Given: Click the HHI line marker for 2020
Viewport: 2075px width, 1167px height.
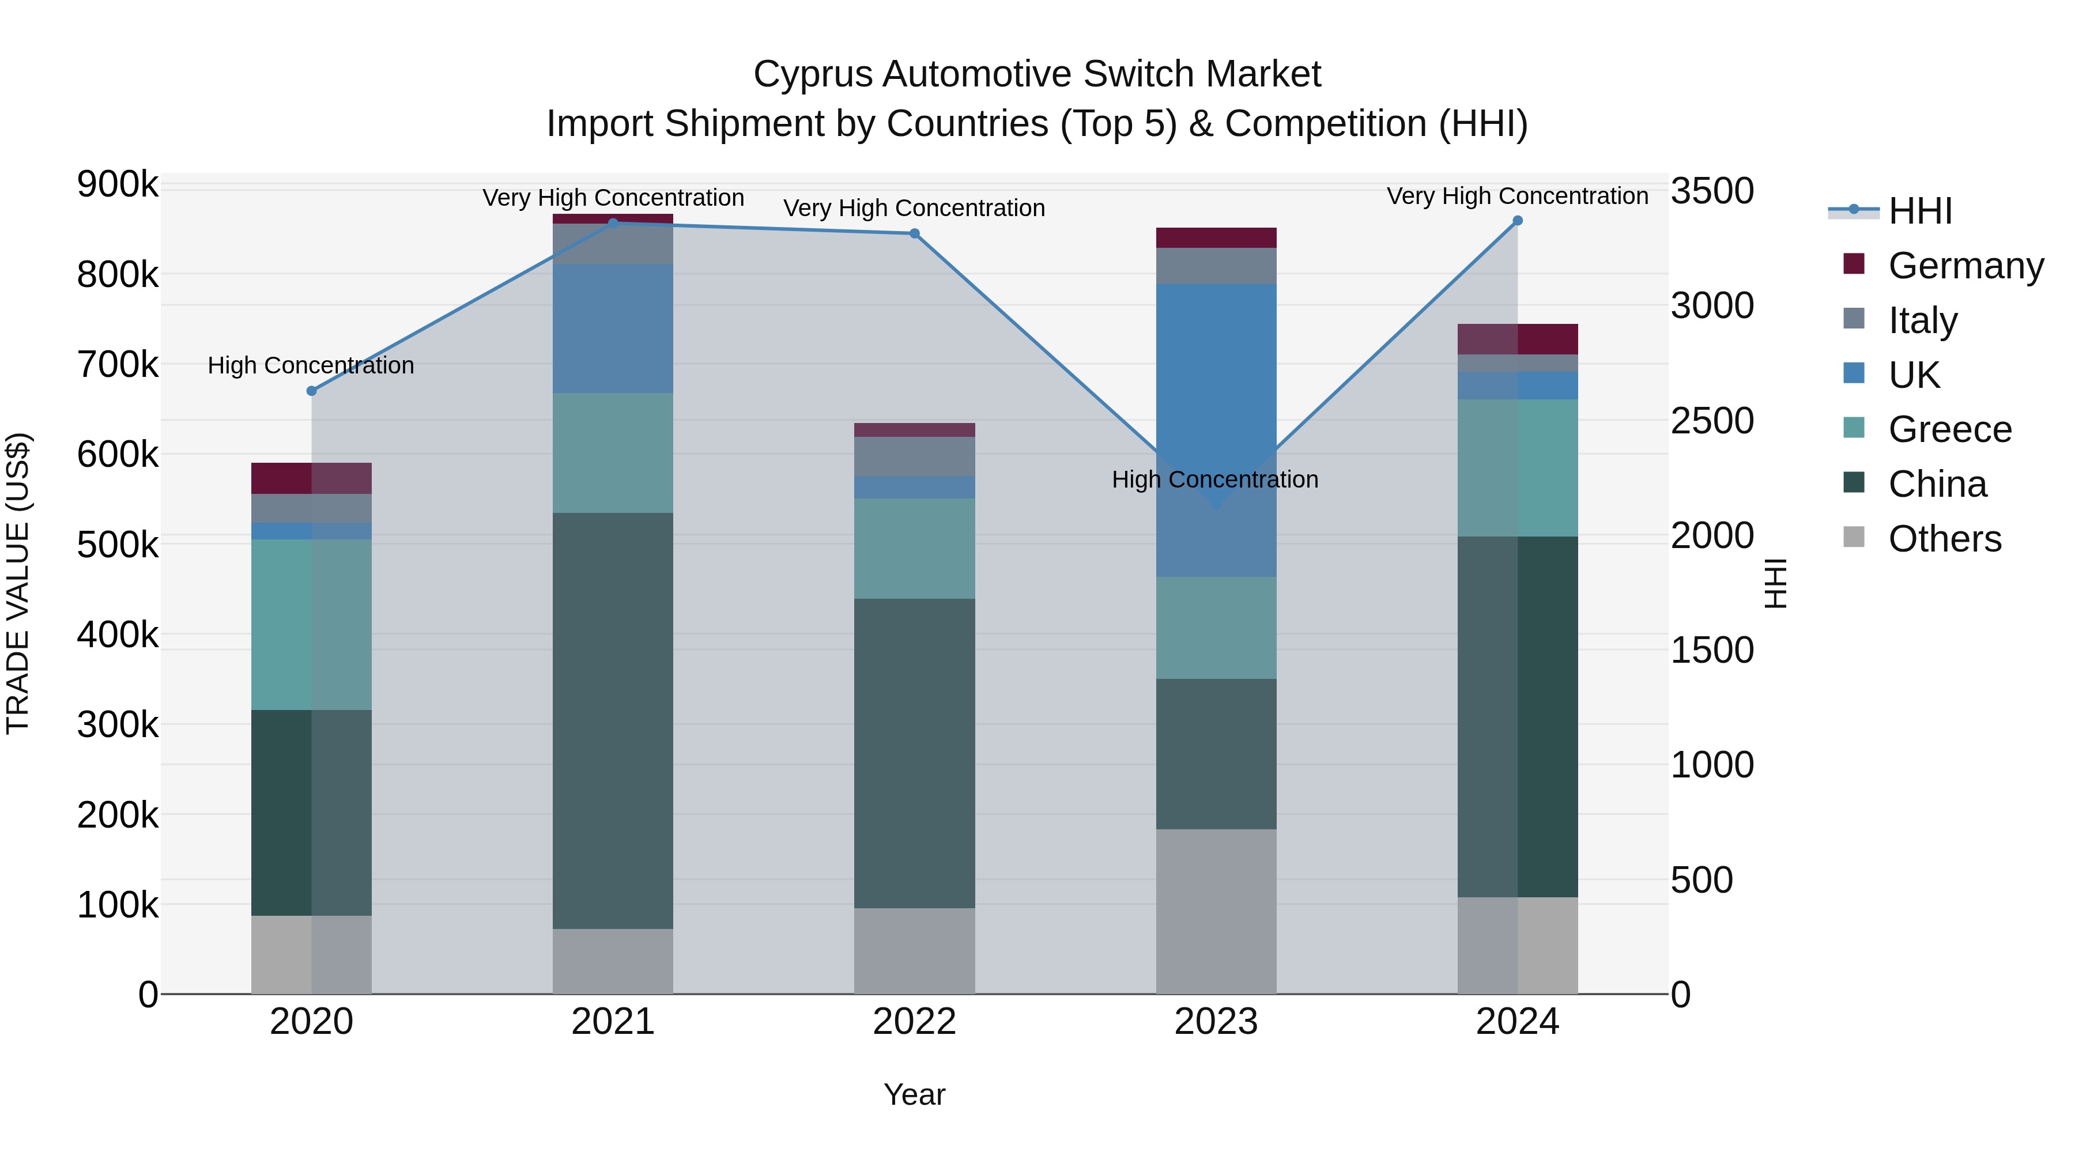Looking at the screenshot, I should click(x=312, y=391).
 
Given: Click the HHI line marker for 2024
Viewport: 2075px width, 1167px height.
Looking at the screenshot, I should click(x=1518, y=221).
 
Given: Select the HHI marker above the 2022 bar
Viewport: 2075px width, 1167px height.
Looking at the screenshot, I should click(x=914, y=233).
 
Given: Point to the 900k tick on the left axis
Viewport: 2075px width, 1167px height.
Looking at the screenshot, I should click(x=118, y=184).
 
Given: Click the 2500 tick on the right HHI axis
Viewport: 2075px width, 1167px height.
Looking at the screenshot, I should click(x=1712, y=421).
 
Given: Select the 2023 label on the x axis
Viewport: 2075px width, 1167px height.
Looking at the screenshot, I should click(x=1216, y=1021).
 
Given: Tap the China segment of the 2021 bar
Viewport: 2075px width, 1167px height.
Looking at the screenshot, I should click(x=613, y=721).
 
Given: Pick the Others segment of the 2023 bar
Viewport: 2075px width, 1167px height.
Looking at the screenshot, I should click(x=1216, y=911).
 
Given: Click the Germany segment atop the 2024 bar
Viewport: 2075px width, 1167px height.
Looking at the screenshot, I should click(x=1518, y=339).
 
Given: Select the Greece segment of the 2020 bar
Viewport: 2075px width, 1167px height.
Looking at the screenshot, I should click(x=312, y=624).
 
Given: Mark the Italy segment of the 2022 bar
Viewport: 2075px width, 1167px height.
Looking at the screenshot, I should click(x=914, y=456).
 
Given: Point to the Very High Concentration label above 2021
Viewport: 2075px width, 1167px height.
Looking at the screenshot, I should click(x=613, y=197).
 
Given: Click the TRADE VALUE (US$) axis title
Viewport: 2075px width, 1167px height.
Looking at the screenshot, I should click(x=18, y=583).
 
